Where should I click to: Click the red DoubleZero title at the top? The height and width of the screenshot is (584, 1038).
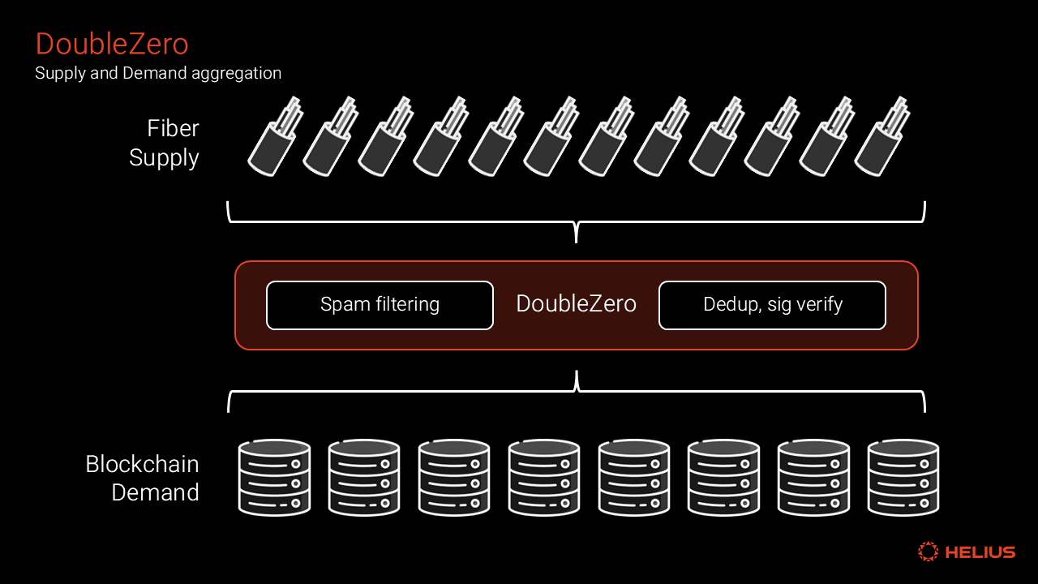112,44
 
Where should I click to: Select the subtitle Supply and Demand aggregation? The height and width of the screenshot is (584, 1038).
158,73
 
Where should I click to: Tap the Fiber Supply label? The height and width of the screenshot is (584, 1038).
164,143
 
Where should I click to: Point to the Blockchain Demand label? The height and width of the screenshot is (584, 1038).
143,478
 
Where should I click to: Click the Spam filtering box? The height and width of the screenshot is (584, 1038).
380,305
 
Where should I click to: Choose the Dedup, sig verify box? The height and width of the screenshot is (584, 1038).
772,305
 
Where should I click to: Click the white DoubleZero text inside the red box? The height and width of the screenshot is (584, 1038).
576,304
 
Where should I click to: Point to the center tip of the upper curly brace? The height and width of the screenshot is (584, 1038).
577,238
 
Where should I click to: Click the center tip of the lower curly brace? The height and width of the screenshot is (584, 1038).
577,375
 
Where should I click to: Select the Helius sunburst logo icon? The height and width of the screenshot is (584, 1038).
928,552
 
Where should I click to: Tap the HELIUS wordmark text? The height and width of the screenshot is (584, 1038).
980,552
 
